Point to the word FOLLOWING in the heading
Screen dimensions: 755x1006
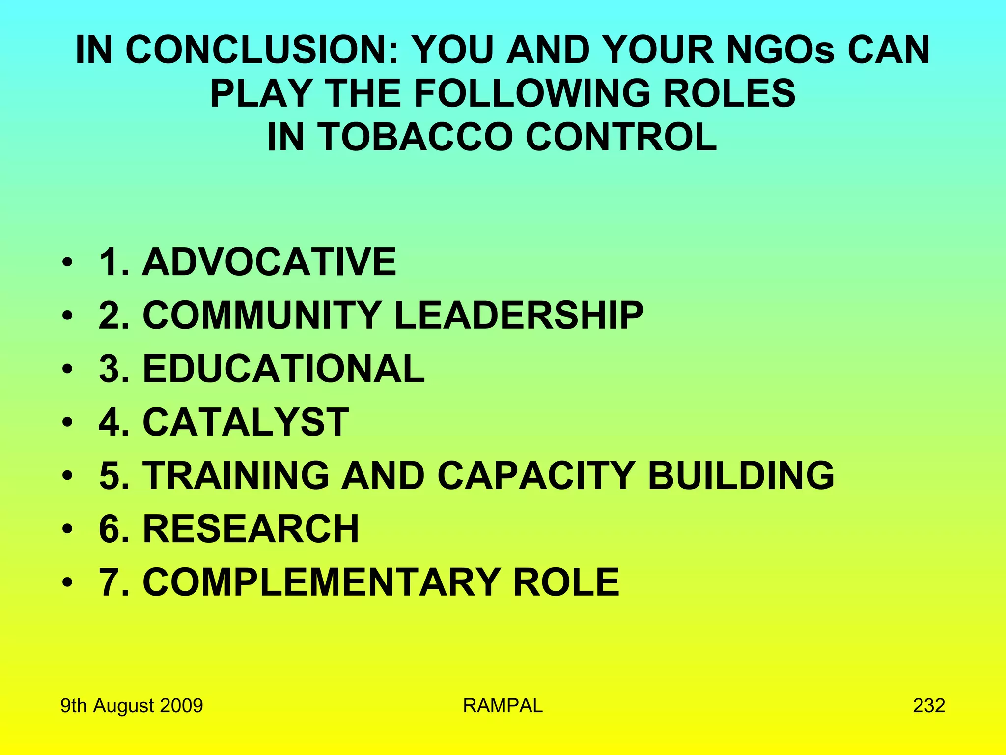pos(532,93)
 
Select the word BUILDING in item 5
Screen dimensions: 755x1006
pos(741,475)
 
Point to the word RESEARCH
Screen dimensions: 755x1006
pos(251,529)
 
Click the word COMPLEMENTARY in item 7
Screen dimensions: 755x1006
pos(322,582)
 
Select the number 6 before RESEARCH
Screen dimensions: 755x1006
pos(109,529)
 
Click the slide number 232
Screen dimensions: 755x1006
pos(929,706)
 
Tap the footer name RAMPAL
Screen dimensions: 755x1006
pos(503,706)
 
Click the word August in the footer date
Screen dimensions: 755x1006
pos(123,706)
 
